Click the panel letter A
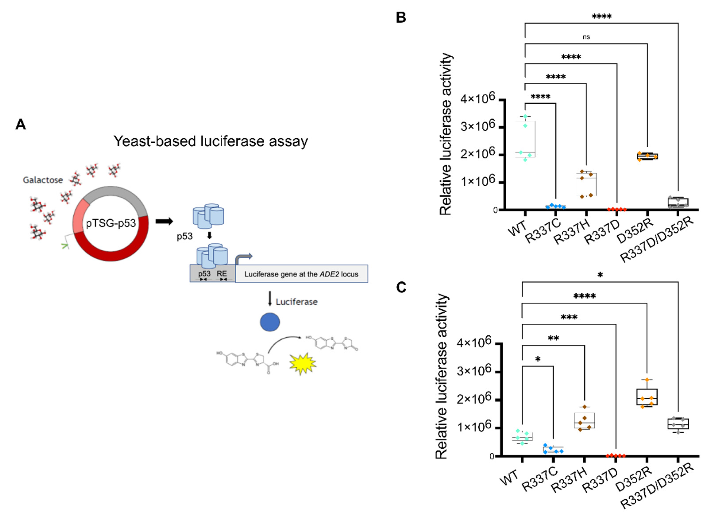coord(21,124)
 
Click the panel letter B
coord(401,17)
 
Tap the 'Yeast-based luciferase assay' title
coord(210,141)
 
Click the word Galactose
coord(43,180)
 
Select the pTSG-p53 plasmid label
coord(111,223)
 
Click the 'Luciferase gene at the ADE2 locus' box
coord(301,274)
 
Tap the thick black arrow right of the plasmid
coord(164,221)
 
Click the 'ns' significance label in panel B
coord(586,37)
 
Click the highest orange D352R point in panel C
coord(647,380)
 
